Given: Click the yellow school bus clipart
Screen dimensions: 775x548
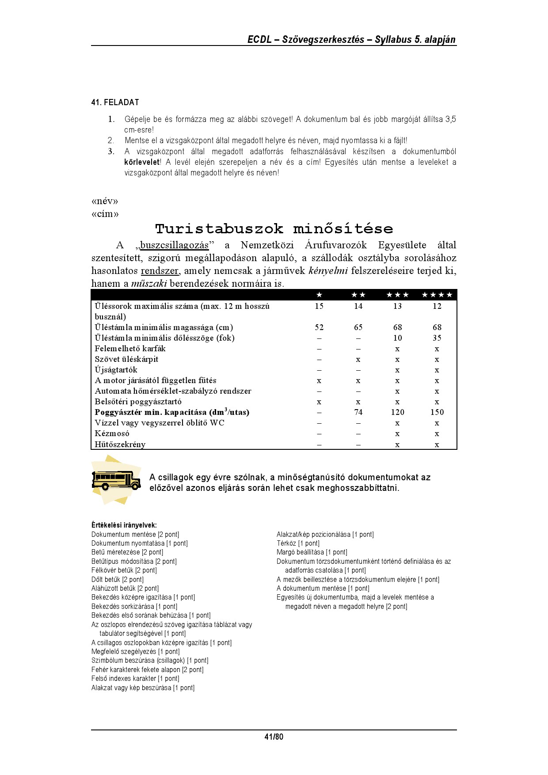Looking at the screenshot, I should (x=116, y=480).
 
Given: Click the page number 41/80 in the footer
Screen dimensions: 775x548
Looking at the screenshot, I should (x=274, y=737).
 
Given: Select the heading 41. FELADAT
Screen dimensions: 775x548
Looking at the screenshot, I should (x=115, y=103).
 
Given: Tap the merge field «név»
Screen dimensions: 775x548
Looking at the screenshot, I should (x=105, y=201).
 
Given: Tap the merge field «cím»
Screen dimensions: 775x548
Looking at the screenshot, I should (x=105, y=214).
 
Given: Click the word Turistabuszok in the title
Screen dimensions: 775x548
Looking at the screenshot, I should (x=219, y=229).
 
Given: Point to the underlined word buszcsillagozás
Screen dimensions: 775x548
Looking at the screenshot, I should (x=174, y=245).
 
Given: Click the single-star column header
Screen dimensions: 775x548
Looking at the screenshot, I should (x=319, y=295).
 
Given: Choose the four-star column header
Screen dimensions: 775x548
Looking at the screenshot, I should (x=437, y=295).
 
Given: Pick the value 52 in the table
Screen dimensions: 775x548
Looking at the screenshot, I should (x=319, y=327).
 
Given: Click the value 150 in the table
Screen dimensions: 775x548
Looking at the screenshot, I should (x=437, y=412).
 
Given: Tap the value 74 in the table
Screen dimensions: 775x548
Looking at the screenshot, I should (x=358, y=412).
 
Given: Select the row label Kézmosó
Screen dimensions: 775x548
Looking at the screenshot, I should (x=112, y=433).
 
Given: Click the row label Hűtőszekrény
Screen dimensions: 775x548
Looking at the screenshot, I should (x=120, y=444).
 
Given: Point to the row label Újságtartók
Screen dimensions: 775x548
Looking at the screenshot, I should (x=116, y=370).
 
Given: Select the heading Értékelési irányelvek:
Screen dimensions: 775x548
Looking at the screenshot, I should (x=124, y=525).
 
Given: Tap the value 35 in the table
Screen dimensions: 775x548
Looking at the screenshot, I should (x=437, y=338).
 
